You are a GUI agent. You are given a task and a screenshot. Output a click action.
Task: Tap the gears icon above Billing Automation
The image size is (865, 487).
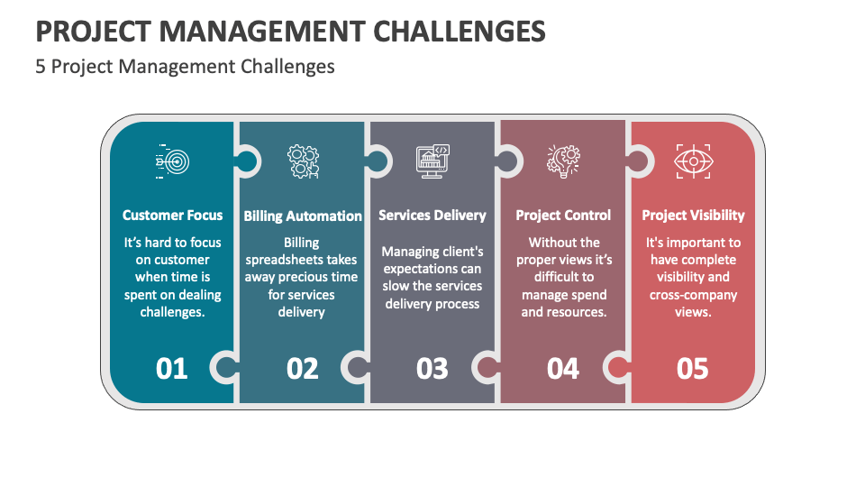coord(303,161)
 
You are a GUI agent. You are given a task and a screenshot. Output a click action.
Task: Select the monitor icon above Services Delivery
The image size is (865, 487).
coord(432,161)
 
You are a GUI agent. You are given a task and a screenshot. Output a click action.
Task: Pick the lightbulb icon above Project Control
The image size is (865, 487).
coord(563,161)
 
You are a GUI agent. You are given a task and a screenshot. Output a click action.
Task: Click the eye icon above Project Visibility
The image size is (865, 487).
coord(693,161)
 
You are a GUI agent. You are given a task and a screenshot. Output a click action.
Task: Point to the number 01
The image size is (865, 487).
coord(172,368)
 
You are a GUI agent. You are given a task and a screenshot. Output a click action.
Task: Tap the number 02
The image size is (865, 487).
coord(303,368)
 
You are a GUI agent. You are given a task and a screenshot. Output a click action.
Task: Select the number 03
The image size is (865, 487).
coord(432,368)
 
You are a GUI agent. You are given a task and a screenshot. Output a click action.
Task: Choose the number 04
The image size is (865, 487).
coord(563,368)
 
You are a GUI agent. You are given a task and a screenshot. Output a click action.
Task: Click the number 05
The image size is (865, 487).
coord(693,368)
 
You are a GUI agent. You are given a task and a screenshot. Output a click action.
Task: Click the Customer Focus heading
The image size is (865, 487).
coord(172,216)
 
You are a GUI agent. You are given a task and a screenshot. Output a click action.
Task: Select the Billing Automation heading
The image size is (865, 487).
coord(303,216)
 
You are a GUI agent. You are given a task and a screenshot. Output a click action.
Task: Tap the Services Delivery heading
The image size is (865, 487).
coord(432,216)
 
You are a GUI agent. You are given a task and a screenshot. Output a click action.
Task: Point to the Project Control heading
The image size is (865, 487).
coord(563,216)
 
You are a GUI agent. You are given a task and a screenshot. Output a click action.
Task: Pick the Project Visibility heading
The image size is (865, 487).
coord(693,216)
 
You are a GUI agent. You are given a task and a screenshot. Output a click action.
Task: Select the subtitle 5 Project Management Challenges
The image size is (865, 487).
coord(185,67)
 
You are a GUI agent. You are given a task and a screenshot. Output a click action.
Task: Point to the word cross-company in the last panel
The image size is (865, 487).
coord(693,295)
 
